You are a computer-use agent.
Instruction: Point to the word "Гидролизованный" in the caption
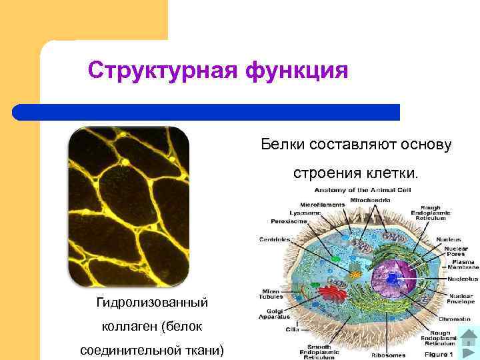[x=152, y=303]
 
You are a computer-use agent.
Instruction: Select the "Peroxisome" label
[x=287, y=221]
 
